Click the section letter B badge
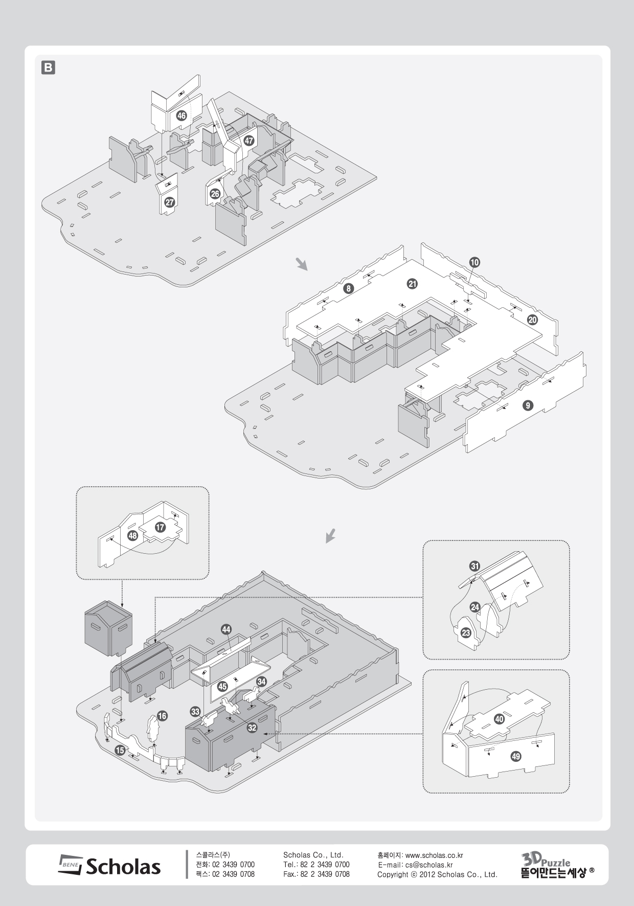(48, 67)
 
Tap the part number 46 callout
(181, 116)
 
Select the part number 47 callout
(249, 141)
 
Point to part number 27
(169, 202)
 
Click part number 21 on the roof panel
(412, 284)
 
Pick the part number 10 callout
(474, 262)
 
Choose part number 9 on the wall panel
(528, 406)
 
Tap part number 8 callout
(348, 288)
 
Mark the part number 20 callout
(532, 320)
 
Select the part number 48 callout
(133, 536)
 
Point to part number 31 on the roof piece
(475, 566)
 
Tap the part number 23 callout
(466, 633)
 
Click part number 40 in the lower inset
(500, 719)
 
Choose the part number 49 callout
(516, 757)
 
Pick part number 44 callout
(226, 629)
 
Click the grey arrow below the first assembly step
(303, 264)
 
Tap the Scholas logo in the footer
(109, 866)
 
